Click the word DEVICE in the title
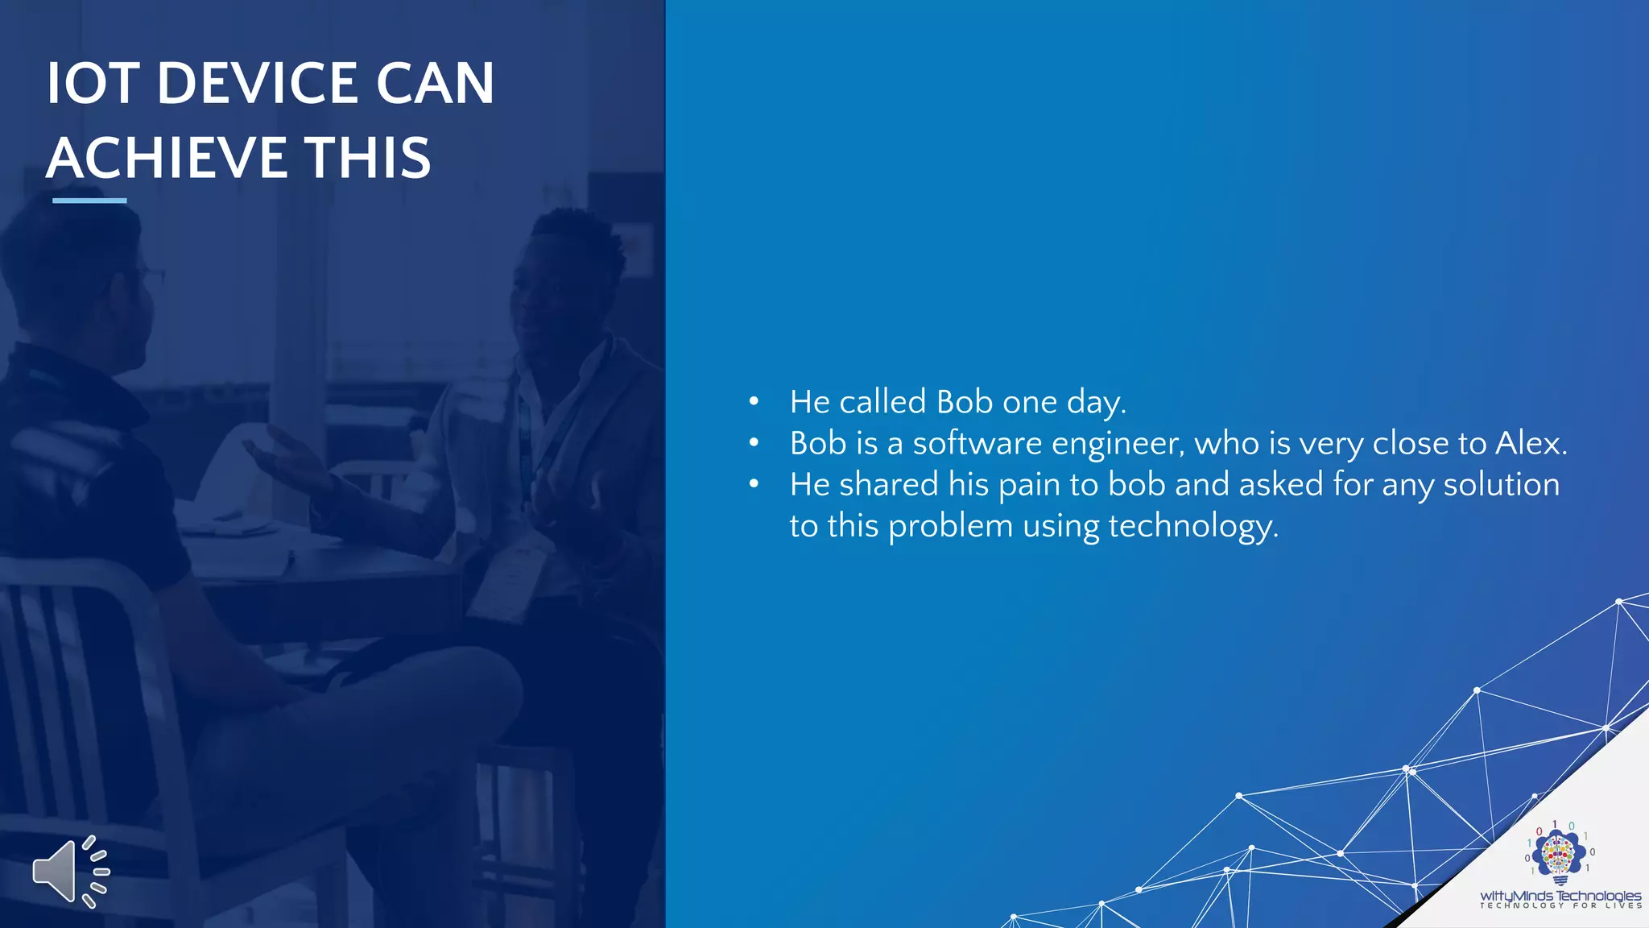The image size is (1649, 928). (x=257, y=83)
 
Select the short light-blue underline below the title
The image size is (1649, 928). (x=89, y=201)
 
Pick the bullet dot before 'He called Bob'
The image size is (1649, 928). (x=754, y=401)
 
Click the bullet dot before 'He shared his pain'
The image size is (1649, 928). (x=754, y=484)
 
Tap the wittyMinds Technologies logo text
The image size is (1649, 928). (x=1560, y=895)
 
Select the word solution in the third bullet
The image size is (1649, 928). (x=1501, y=485)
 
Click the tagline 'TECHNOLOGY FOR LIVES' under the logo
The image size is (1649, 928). (x=1560, y=905)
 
